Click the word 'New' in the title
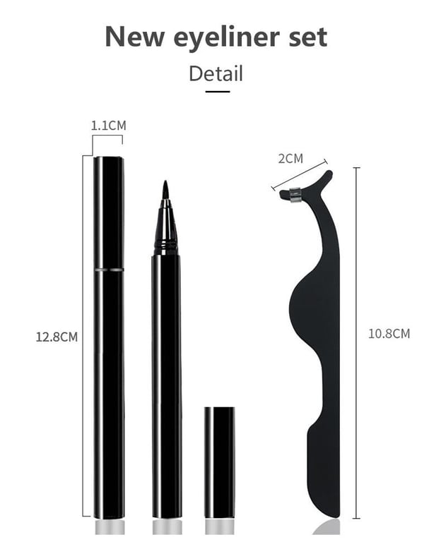pyautogui.click(x=134, y=36)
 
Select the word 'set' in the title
pyautogui.click(x=307, y=37)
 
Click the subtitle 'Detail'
pyautogui.click(x=216, y=73)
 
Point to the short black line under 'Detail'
pyautogui.click(x=218, y=92)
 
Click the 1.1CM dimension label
pyautogui.click(x=109, y=126)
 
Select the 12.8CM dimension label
pyautogui.click(x=57, y=337)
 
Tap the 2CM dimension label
pyautogui.click(x=290, y=158)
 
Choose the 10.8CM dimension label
pyautogui.click(x=389, y=334)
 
